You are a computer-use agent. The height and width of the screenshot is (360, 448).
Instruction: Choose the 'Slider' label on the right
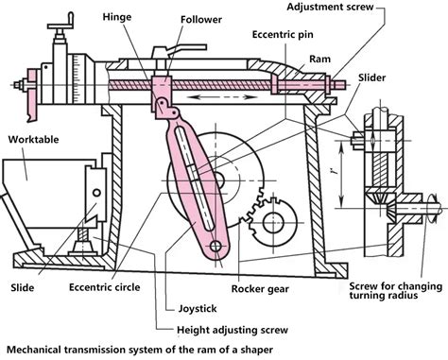(x=370, y=76)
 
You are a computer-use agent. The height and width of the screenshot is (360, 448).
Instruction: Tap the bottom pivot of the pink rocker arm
(x=216, y=249)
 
